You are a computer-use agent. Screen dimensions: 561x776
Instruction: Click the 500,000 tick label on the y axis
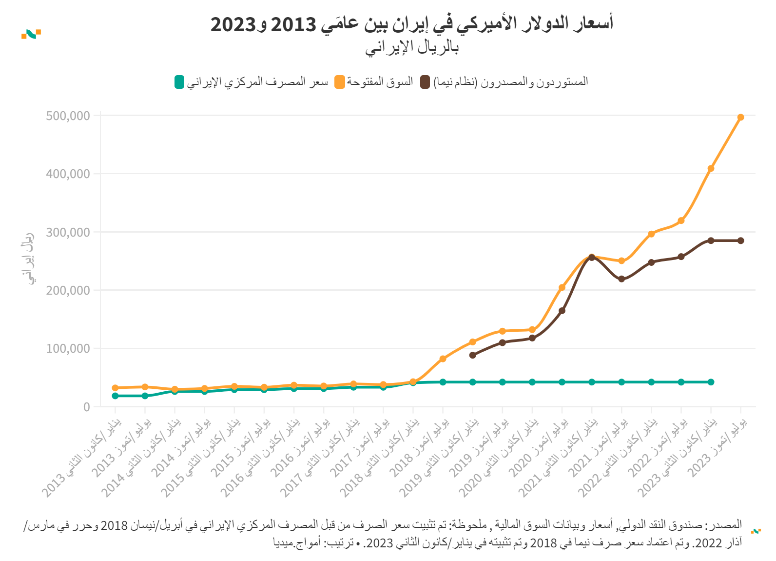(68, 116)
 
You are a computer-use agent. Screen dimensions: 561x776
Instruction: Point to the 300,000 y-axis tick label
(68, 232)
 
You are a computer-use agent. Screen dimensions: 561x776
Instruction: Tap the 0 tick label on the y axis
(87, 407)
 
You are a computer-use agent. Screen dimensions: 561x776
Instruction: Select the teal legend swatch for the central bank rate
(179, 82)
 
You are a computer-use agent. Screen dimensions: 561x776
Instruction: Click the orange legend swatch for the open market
(339, 82)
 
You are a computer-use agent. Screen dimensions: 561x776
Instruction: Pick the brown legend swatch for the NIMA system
(426, 82)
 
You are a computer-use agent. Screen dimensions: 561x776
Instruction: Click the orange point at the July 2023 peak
(740, 118)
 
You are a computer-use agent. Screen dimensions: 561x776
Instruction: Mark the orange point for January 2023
(711, 168)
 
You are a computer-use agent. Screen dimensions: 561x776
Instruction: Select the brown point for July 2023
(740, 240)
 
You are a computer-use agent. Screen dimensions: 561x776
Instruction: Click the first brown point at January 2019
(472, 355)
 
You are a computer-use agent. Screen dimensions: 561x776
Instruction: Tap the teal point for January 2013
(115, 396)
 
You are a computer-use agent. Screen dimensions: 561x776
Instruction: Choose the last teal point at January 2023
(711, 382)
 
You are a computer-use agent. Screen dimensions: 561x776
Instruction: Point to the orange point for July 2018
(443, 359)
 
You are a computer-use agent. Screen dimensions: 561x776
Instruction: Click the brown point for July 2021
(621, 279)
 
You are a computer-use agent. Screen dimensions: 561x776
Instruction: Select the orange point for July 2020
(562, 288)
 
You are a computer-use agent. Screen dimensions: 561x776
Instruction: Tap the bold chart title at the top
(412, 23)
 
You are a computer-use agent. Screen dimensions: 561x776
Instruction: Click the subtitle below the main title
(412, 47)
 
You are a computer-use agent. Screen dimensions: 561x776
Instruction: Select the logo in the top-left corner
(31, 34)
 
